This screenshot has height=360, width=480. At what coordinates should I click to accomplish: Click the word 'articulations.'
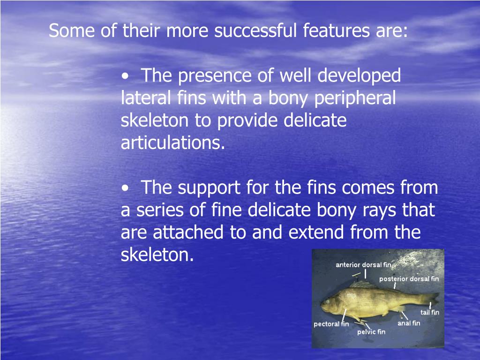(x=173, y=143)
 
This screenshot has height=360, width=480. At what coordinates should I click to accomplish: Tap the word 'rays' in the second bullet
(x=380, y=210)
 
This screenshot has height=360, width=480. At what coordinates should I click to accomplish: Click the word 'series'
(x=157, y=210)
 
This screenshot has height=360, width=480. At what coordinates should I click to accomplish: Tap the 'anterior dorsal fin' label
(x=363, y=265)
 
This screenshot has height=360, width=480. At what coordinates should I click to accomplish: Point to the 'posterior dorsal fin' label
(x=409, y=279)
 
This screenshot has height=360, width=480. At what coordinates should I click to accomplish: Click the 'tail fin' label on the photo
(x=430, y=312)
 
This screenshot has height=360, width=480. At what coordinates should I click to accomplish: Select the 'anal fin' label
(x=409, y=323)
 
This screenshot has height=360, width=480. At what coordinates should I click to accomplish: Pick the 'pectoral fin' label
(x=331, y=324)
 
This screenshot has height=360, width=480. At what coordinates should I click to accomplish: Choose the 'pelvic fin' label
(x=371, y=332)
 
